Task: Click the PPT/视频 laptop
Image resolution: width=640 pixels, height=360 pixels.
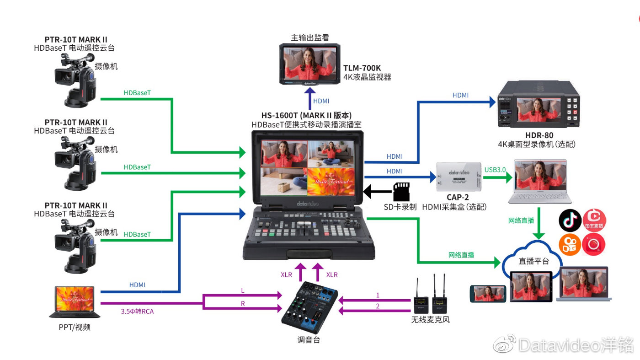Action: click(x=75, y=302)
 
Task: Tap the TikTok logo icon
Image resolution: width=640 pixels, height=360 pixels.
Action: click(x=570, y=220)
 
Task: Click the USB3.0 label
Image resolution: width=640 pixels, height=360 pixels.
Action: click(x=495, y=170)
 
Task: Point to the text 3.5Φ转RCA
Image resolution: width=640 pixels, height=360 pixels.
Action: click(x=138, y=311)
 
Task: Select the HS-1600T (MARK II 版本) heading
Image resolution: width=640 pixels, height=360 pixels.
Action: click(x=306, y=115)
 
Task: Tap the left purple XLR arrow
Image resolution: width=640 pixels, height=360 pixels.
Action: click(x=300, y=272)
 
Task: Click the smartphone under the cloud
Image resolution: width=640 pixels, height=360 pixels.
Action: click(x=488, y=293)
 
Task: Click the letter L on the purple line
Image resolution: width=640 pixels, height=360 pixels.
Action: click(x=242, y=290)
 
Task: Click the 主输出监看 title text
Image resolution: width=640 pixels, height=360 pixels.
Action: click(x=310, y=38)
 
